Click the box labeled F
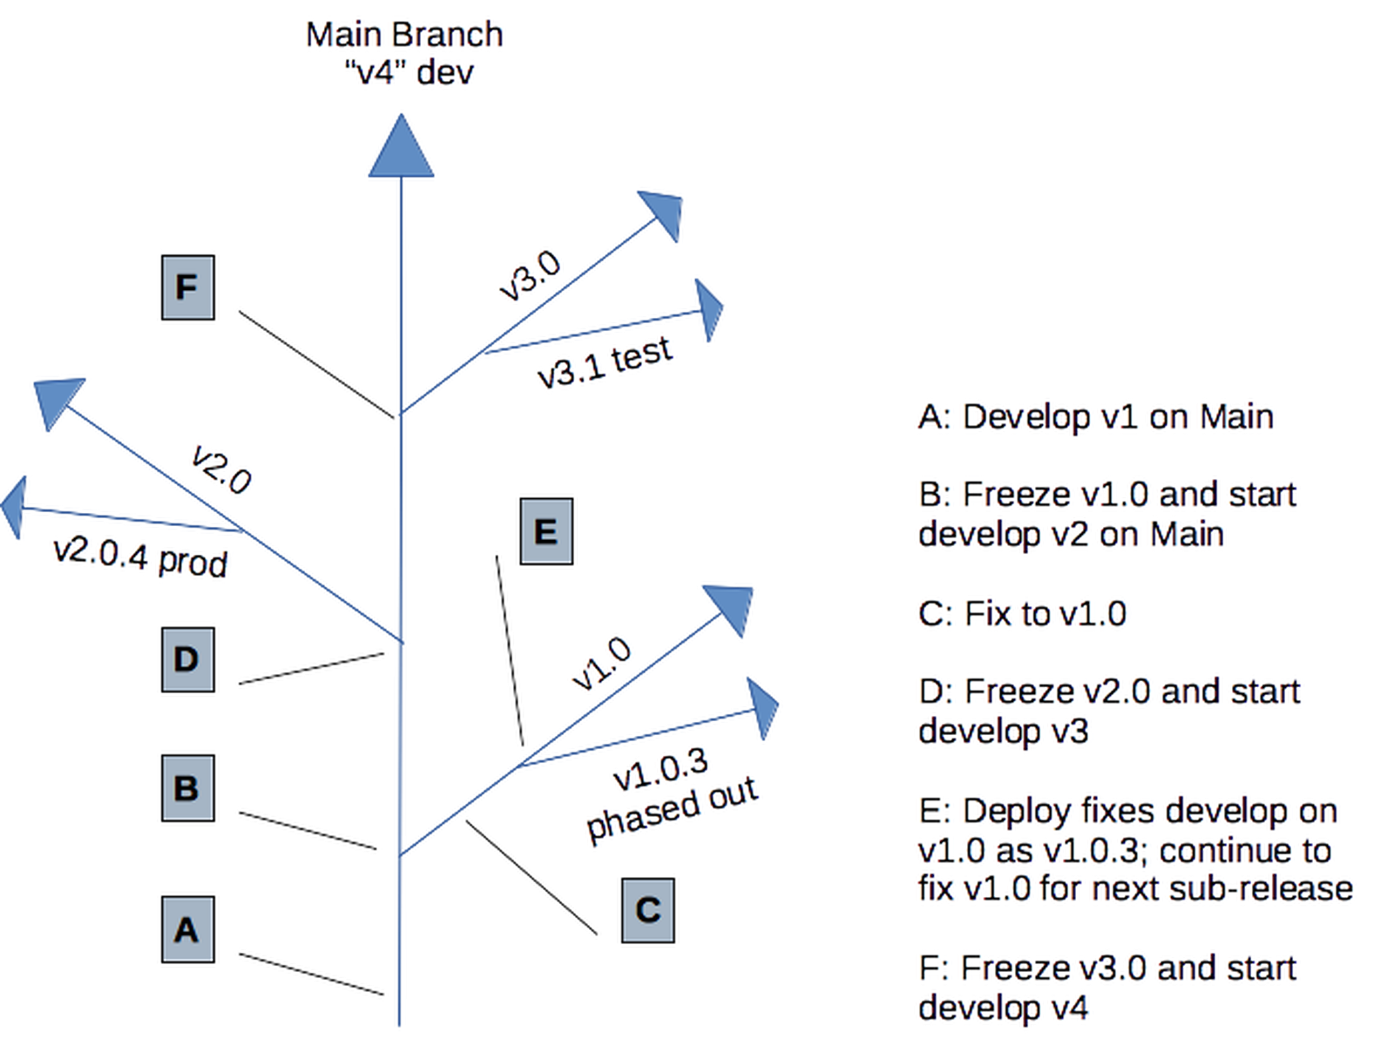coord(186,285)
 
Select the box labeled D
coord(186,658)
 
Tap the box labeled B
coord(186,787)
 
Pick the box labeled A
coord(186,928)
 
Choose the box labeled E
coord(545,530)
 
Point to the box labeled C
coord(647,908)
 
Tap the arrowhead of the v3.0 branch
coord(664,212)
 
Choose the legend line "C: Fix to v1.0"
coord(1024,614)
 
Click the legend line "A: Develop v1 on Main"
coord(1096,417)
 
